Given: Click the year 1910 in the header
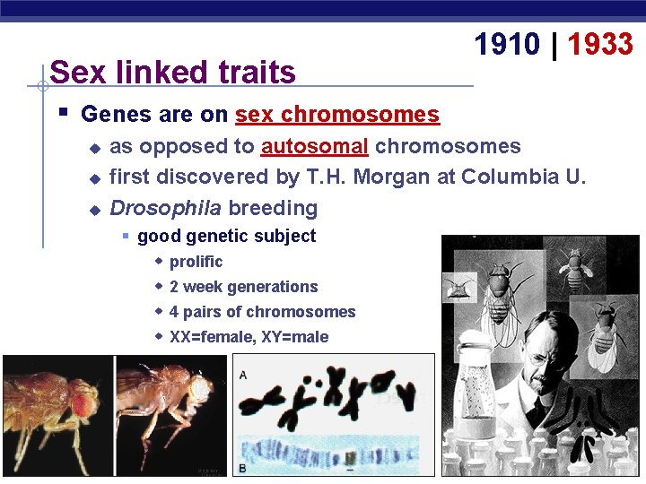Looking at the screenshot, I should pos(506,44).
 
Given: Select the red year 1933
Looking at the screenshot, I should pos(600,44).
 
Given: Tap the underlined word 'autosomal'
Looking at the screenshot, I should pos(315,146).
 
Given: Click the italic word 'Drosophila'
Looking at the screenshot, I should pos(165,208).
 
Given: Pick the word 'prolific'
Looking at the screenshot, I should pos(196,262).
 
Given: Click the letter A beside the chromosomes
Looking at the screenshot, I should pos(243,375).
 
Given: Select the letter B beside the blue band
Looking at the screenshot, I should pos(243,468).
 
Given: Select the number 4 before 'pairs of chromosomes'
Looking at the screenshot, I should pos(174,312).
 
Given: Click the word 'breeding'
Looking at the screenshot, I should pos(273,208).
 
